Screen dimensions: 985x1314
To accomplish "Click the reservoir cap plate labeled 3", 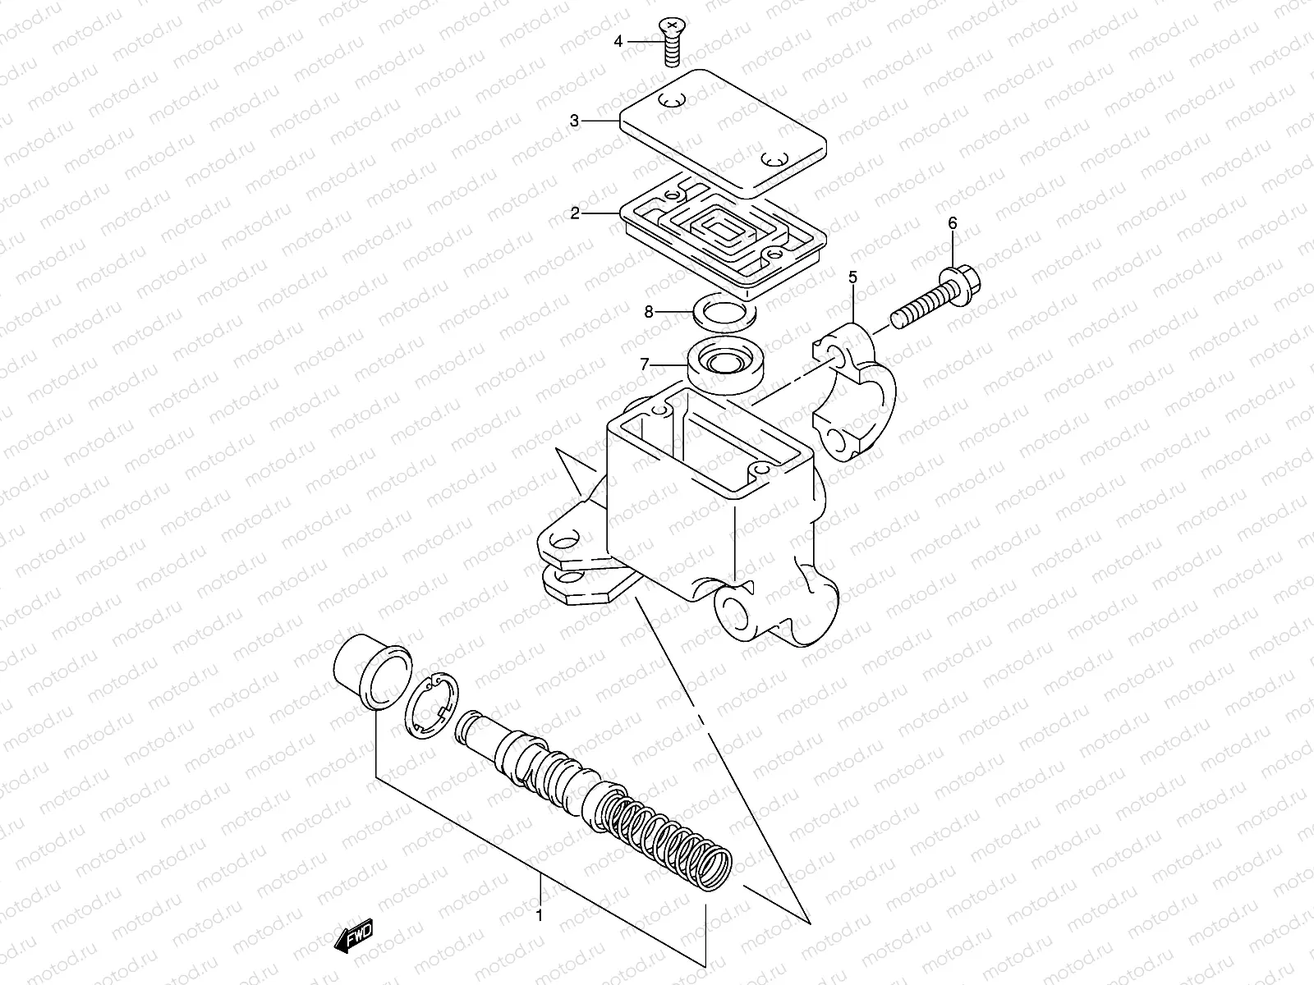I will coord(723,131).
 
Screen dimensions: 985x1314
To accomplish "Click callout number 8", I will coord(648,311).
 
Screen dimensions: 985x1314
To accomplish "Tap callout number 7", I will coord(645,363).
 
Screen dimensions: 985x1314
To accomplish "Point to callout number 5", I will coord(852,277).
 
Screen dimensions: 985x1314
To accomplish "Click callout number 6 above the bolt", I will coord(953,222).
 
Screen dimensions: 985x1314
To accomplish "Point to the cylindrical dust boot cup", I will coord(372,671).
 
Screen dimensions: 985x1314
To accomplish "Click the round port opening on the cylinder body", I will coord(731,612).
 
